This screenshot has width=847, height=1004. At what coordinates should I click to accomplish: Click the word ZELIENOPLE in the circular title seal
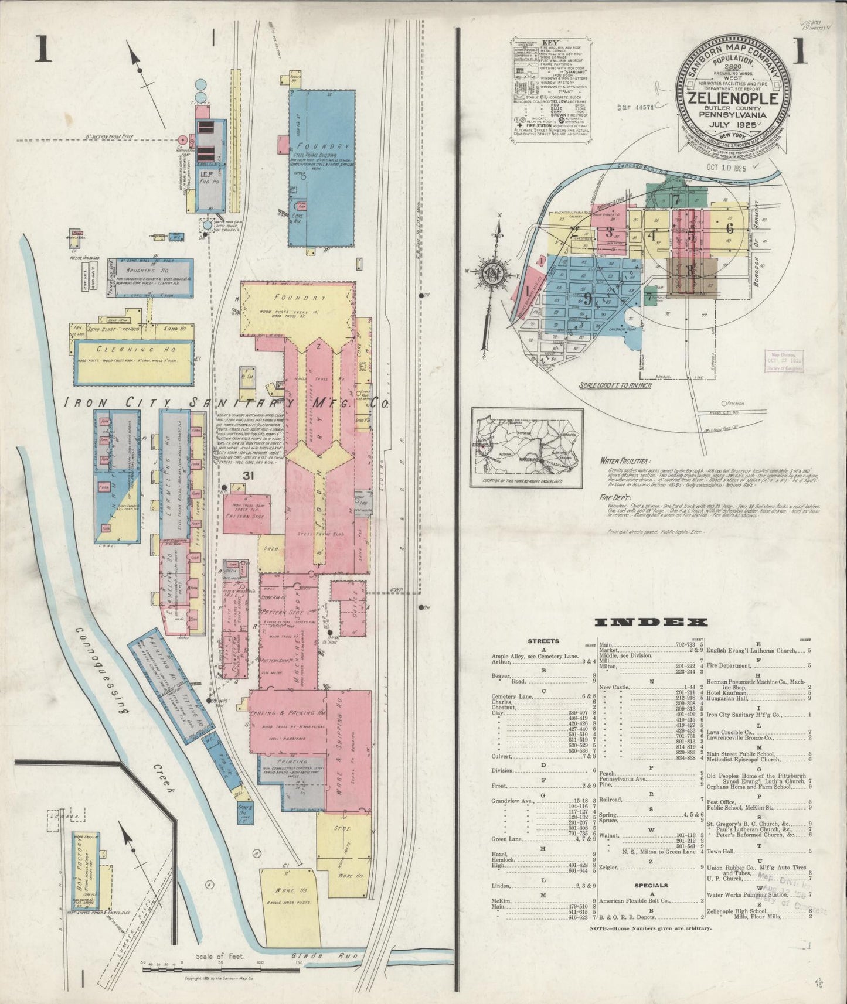(x=733, y=98)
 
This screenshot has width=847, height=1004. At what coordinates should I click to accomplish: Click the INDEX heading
(x=650, y=622)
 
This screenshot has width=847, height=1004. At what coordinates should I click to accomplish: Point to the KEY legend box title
(x=550, y=43)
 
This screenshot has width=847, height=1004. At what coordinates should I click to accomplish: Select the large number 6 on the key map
(x=729, y=228)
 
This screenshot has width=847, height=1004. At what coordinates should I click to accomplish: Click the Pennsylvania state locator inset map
(x=527, y=448)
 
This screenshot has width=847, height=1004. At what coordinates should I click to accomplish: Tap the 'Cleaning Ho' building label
(x=134, y=348)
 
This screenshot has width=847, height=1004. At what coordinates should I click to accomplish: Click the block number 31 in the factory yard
(x=249, y=476)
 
